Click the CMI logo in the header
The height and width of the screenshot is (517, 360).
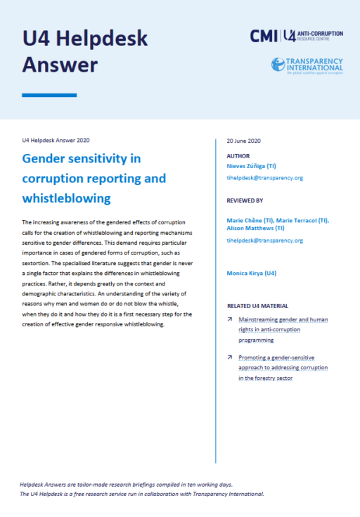click(x=264, y=36)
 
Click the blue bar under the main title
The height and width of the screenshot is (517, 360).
click(x=49, y=95)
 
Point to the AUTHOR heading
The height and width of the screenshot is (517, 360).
click(x=238, y=156)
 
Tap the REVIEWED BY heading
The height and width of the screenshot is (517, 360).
click(x=245, y=200)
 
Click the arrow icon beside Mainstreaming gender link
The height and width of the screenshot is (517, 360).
click(x=230, y=319)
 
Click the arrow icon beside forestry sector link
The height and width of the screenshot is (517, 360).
click(x=230, y=357)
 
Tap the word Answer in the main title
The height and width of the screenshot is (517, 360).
click(x=60, y=65)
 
